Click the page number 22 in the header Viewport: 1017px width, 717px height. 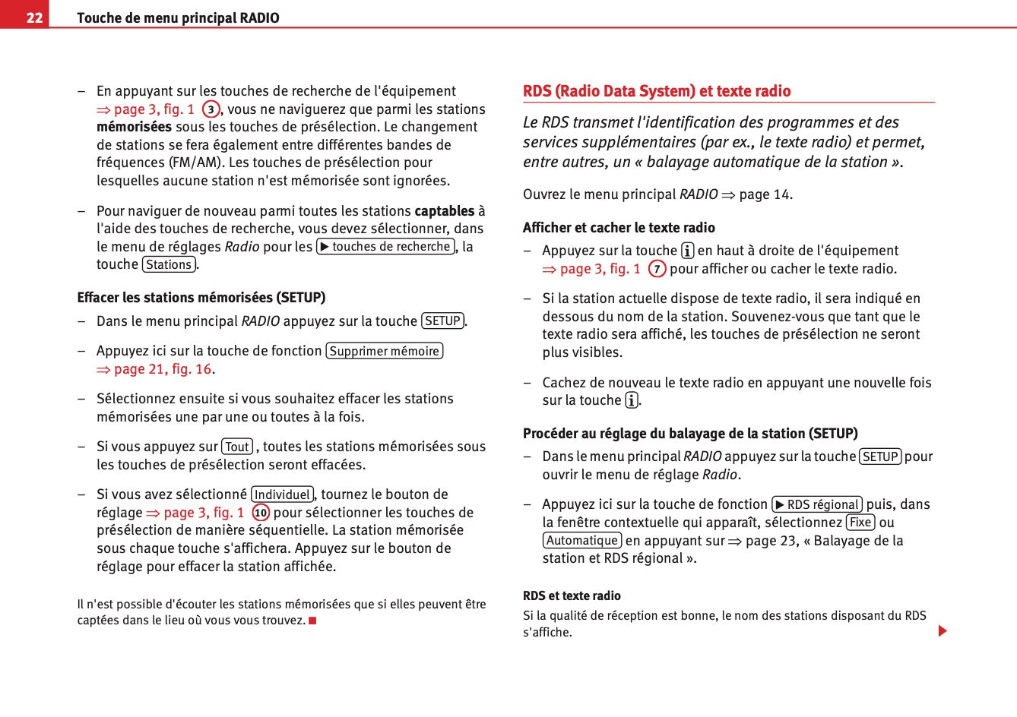(34, 17)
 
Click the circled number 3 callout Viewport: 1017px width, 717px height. (211, 109)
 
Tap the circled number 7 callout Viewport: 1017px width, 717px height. (657, 269)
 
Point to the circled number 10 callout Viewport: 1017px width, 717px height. (261, 513)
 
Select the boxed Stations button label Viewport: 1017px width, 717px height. (169, 264)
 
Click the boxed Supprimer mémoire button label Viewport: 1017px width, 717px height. (384, 351)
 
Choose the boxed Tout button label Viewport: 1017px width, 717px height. (237, 447)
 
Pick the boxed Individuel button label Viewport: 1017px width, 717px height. (282, 494)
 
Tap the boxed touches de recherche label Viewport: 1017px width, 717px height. (385, 246)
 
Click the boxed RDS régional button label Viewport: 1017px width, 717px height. (817, 504)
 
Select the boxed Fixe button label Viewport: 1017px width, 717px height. (860, 523)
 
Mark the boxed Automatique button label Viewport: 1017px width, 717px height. (582, 540)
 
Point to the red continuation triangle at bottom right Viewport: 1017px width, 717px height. (943, 630)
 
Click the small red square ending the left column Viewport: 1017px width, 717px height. (312, 621)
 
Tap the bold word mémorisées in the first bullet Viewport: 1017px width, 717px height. (134, 127)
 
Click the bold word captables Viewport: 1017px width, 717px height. (444, 210)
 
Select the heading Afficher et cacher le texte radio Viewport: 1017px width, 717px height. (619, 227)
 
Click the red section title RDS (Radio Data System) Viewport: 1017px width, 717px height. (657, 91)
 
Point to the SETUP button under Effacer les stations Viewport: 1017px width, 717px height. (442, 321)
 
